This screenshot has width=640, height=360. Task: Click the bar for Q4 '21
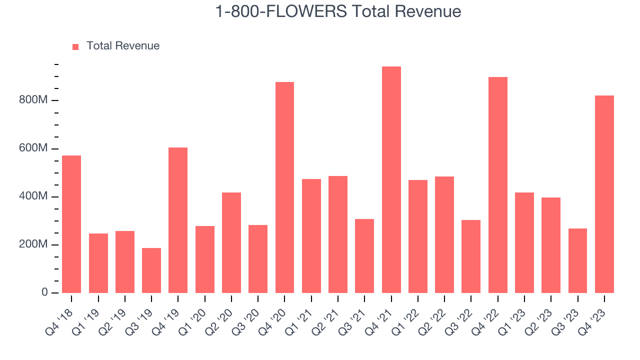coord(391,179)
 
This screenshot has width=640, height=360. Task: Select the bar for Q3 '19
coord(151,270)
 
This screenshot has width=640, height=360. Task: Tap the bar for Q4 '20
coord(284,187)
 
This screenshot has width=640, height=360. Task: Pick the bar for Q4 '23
coord(604,194)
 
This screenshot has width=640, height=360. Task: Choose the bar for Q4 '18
coord(71,224)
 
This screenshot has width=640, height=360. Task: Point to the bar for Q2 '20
coord(231,242)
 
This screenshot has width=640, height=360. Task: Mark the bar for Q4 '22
coord(497,184)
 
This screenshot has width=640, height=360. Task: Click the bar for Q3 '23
coord(577,260)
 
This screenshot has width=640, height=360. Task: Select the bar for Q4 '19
coord(178,220)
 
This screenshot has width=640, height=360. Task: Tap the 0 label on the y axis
coord(44,293)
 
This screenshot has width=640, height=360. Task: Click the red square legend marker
coord(75,46)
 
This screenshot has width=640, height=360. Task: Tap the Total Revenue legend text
coord(123,46)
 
